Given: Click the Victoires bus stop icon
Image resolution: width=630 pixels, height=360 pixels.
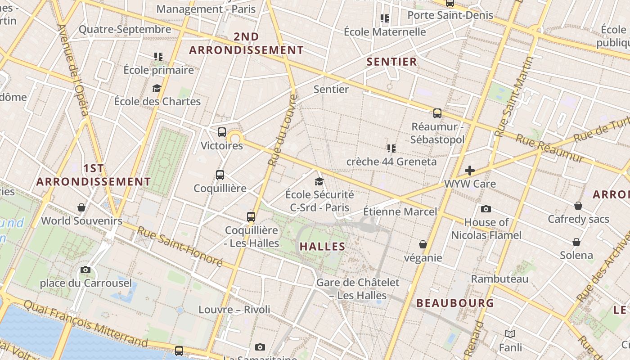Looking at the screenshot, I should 221,132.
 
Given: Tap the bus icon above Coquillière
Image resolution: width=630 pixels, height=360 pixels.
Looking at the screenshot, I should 220,175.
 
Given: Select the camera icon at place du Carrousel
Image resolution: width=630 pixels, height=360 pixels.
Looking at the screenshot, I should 85,270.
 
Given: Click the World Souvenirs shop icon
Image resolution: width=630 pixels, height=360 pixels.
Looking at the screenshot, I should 81,207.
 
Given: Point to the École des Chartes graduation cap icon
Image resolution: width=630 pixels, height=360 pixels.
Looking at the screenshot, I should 157,88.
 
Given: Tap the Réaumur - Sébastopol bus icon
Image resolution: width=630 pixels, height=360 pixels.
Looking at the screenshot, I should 437,113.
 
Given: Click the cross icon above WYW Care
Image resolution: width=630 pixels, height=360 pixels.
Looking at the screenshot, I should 470,171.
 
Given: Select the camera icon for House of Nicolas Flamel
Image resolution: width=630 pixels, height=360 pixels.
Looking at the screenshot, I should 486,209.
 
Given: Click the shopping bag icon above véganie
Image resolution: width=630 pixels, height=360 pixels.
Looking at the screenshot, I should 423,244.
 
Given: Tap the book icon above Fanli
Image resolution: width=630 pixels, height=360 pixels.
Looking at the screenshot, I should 510,334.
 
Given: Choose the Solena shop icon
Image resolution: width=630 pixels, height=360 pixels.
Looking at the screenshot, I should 576,242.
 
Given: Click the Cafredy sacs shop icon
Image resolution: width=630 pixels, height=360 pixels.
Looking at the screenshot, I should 578,206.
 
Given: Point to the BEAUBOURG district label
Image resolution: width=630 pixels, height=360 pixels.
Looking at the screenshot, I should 455,303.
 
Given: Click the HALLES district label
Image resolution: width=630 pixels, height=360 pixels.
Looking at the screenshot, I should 322,247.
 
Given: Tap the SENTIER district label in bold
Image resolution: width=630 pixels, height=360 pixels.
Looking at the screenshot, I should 391,62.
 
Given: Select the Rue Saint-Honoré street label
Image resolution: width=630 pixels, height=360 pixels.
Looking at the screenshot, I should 180,246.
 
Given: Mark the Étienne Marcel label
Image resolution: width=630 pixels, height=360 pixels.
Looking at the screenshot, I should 400,211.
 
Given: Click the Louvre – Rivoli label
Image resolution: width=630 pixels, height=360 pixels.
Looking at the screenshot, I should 234,310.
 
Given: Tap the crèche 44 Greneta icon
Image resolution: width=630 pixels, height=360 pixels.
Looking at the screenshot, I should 391,148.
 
